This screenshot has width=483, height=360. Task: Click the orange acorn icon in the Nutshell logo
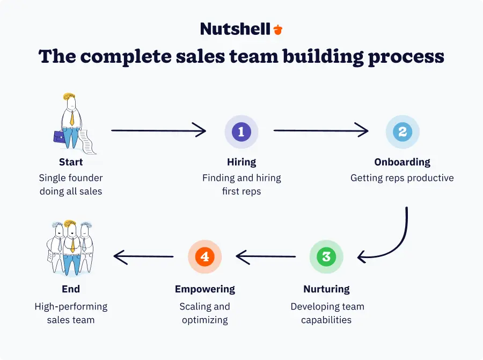click(277, 30)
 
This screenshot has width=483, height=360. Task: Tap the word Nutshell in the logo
click(235, 29)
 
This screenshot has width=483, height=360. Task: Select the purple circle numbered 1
click(241, 131)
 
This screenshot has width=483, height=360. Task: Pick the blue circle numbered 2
click(402, 131)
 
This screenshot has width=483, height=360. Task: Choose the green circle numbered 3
click(326, 256)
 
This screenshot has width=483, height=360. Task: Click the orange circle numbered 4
click(204, 256)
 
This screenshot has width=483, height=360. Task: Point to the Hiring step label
click(241, 162)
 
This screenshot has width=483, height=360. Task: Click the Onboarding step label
click(402, 162)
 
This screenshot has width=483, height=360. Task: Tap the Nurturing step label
click(327, 289)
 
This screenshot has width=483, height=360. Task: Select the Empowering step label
click(204, 289)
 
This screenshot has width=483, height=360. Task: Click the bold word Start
click(71, 162)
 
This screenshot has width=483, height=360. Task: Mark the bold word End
click(71, 289)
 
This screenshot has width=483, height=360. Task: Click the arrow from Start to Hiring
click(158, 130)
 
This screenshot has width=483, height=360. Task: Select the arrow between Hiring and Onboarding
click(321, 130)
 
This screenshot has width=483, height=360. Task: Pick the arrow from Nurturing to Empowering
click(266, 257)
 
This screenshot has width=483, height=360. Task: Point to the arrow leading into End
click(143, 257)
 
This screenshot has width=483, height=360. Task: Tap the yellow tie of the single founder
click(71, 117)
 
